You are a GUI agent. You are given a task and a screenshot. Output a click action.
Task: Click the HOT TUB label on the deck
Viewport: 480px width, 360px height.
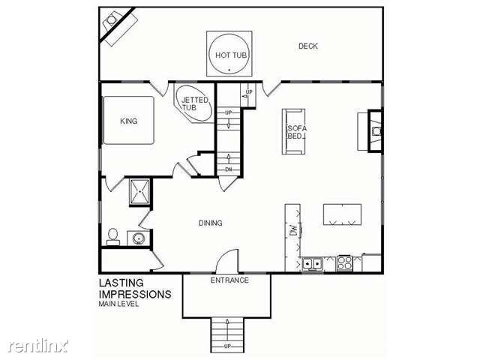pos(231,55)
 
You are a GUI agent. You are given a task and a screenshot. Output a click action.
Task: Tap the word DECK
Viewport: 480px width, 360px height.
pos(308,46)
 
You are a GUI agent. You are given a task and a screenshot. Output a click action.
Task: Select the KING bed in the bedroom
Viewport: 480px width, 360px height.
pos(128,120)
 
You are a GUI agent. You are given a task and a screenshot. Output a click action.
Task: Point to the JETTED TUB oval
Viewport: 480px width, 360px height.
pos(193,103)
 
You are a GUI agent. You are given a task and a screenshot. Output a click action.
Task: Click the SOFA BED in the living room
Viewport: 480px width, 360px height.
pos(294,132)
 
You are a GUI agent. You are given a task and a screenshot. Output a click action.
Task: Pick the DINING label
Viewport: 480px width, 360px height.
pos(210,223)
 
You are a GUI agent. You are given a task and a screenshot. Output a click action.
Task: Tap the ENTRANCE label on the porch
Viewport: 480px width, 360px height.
pos(229,280)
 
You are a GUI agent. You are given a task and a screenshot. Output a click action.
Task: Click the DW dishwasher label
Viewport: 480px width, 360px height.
pos(293,230)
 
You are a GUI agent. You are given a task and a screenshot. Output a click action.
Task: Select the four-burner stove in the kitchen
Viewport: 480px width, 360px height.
pos(345,263)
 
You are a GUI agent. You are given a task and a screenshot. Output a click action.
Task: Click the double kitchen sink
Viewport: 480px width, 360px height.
pos(312,264)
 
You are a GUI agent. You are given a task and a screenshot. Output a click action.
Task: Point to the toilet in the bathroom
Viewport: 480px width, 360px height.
pos(113,237)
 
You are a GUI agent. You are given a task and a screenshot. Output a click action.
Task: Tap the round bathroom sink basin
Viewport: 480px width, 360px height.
pos(139,238)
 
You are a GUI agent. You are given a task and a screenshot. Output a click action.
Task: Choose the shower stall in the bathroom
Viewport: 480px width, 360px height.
pos(140,192)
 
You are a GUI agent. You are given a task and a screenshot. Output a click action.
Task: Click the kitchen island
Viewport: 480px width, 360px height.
pos(342,214)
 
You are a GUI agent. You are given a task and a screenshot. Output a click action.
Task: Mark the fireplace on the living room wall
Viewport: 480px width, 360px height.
pos(375,131)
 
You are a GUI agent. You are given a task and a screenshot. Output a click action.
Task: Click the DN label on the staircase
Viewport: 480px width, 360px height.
pos(228,169)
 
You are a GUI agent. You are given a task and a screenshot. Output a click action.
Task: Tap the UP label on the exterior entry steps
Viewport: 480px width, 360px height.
pos(227,346)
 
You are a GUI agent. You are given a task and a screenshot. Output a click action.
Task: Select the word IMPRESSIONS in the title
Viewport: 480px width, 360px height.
pos(135,294)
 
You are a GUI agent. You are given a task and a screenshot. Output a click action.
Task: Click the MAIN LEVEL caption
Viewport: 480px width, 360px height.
pos(118,304)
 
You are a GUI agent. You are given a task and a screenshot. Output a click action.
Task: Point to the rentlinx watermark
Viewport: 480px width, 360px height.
pos(38,346)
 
